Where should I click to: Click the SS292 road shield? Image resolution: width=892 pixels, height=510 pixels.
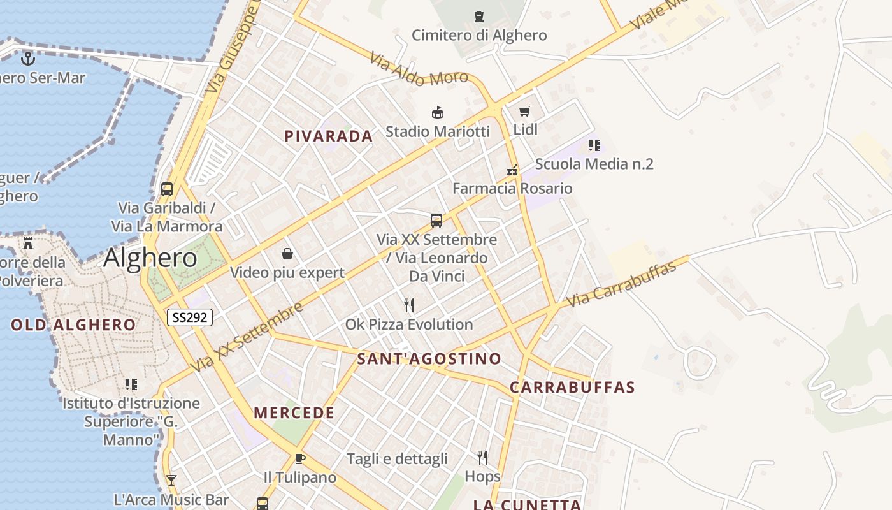click(x=190, y=317)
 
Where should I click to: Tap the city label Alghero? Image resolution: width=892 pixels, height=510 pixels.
click(x=150, y=258)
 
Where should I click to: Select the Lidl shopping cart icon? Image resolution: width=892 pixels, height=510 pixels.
click(x=524, y=112)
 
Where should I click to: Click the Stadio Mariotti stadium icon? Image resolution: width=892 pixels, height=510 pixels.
click(x=438, y=113)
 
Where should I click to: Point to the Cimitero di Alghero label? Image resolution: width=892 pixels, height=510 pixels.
click(x=479, y=35)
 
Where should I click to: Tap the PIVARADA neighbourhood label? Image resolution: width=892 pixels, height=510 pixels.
click(x=329, y=136)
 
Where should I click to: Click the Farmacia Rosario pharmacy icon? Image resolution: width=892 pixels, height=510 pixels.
click(x=512, y=170)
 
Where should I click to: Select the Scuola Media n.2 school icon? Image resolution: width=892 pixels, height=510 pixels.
click(x=594, y=145)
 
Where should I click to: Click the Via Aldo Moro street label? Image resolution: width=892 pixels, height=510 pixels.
click(x=419, y=69)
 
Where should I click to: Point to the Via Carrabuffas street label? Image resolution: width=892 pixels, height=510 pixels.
click(x=621, y=284)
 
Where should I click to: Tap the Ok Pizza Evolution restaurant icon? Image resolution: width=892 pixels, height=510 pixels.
click(x=409, y=305)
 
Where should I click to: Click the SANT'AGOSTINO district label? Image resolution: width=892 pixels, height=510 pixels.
click(x=429, y=359)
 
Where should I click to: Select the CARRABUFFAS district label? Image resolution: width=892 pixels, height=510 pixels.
click(x=573, y=388)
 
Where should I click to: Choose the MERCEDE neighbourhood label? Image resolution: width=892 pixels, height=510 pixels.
click(x=294, y=413)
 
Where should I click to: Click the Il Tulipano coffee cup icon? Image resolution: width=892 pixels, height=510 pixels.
click(x=299, y=459)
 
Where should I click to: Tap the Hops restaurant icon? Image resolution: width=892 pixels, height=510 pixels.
click(x=482, y=457)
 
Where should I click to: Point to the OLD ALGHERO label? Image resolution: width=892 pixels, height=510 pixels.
click(x=73, y=325)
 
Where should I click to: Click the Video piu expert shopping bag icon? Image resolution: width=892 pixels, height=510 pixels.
click(x=287, y=254)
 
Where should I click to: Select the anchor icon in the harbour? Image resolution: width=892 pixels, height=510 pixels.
click(x=28, y=59)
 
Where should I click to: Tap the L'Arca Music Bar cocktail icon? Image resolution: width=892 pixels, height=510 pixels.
click(x=171, y=481)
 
